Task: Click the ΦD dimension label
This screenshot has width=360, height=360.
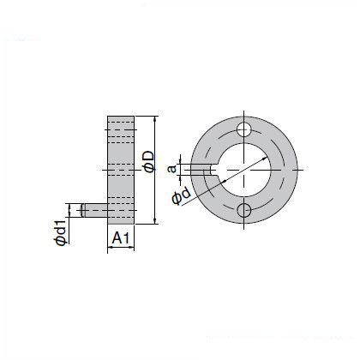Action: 149,162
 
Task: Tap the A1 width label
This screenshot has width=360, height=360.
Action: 121,238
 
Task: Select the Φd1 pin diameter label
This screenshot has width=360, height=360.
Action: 62,231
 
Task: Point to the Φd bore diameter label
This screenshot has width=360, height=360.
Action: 181,196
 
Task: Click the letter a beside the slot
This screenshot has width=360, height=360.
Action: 171,170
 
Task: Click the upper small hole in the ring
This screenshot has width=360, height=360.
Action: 244,129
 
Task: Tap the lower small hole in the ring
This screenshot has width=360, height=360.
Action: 244,211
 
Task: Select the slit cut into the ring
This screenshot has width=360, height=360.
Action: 203,170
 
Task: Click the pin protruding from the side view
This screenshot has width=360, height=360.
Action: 95,210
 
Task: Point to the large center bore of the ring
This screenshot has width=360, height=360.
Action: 244,170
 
